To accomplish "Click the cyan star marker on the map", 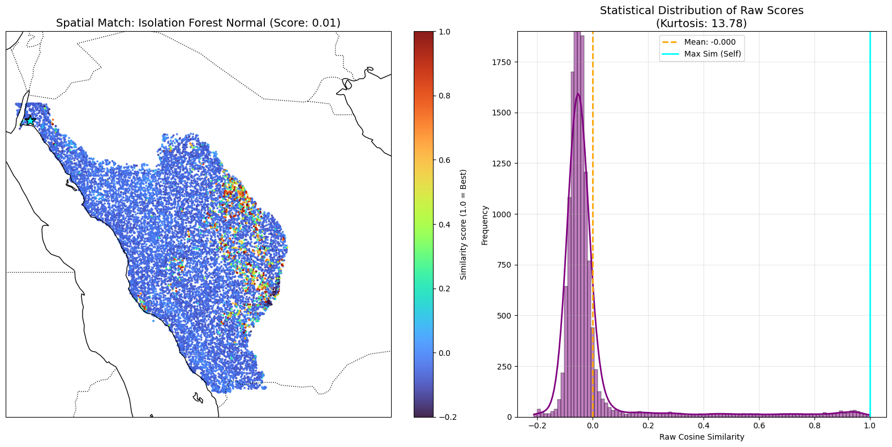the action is click(x=30, y=120).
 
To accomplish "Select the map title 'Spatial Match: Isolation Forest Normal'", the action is click(x=161, y=23).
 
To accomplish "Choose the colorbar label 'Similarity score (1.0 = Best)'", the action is click(x=463, y=225).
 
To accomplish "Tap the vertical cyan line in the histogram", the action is click(x=870, y=224).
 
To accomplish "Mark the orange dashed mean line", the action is click(x=593, y=224).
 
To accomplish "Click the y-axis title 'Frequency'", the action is click(x=484, y=225).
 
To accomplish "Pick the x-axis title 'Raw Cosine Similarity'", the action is click(x=702, y=437).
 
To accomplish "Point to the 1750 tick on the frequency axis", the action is click(x=503, y=62).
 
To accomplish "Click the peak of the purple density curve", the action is click(x=578, y=93).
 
